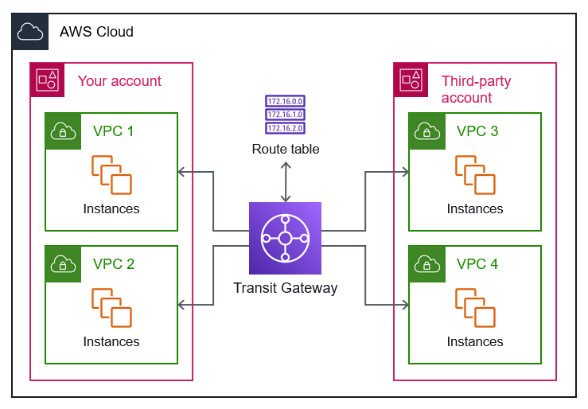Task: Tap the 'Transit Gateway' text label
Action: (x=285, y=288)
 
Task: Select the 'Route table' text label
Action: (x=286, y=149)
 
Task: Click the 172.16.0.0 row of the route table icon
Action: (x=285, y=102)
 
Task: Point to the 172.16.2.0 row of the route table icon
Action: (x=285, y=127)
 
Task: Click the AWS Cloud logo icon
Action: (x=30, y=32)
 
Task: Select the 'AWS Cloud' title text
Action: (x=96, y=32)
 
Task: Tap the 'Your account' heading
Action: (x=119, y=81)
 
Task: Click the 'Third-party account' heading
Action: (x=476, y=89)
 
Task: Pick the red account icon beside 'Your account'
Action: (x=48, y=80)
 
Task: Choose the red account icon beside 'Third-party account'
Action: (x=411, y=80)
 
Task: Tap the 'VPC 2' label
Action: (x=114, y=264)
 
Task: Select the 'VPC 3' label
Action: (x=477, y=131)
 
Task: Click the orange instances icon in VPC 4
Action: (x=474, y=308)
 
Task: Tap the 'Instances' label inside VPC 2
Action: (x=111, y=341)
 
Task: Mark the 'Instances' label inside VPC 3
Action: (x=475, y=208)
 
